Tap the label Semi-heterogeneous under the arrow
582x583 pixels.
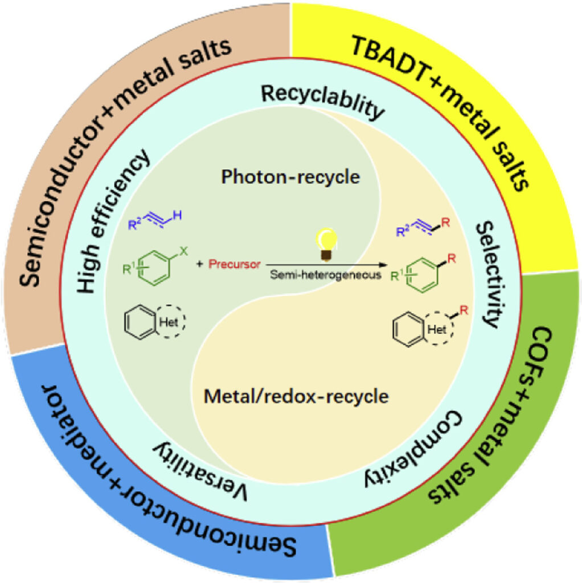325,276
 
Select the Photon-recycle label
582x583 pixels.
290,177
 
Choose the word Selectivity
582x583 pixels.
487,273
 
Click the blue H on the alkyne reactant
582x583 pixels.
178,216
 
